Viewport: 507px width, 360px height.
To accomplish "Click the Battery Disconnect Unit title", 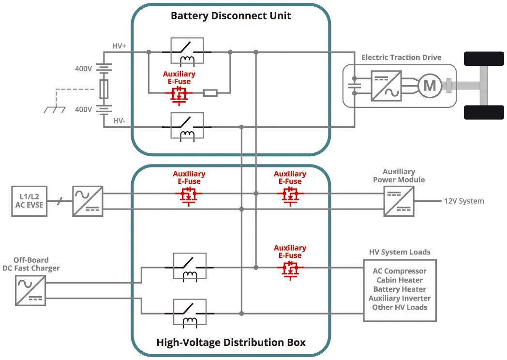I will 231,16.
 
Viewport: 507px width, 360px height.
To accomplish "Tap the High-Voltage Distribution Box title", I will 231,343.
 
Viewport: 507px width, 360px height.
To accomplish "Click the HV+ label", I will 119,46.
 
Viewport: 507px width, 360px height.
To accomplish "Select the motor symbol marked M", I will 430,86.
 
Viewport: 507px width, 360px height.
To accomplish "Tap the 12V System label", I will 464,201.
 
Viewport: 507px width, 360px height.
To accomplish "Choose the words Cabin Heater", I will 400,280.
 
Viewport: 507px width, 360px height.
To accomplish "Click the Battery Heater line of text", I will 400,289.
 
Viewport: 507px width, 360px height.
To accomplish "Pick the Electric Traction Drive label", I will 402,58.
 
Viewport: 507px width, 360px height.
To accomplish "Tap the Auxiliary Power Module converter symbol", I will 399,201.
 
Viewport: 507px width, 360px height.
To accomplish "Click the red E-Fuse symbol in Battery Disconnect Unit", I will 179,94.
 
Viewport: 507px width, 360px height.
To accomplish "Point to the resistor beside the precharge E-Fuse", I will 210,93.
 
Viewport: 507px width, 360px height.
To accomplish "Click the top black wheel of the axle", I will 480,59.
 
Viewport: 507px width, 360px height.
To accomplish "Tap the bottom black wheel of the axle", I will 480,112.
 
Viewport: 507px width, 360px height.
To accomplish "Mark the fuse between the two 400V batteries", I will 103,89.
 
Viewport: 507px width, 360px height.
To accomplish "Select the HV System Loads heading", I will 400,252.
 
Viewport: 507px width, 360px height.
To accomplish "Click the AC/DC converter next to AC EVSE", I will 88,201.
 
